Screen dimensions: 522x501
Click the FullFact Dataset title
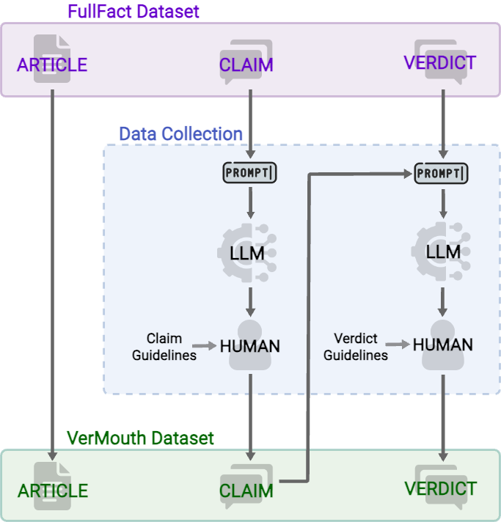134,12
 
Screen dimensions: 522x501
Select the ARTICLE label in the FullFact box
52,65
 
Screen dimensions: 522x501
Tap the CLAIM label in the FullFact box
246,65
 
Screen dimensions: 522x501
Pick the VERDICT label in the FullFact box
440,62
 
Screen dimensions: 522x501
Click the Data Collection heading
180,134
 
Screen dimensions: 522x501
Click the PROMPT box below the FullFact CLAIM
251,173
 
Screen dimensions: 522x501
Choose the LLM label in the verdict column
443,252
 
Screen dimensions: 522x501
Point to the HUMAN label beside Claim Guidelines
250,345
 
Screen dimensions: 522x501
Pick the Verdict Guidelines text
356,347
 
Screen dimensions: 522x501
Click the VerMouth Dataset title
140,438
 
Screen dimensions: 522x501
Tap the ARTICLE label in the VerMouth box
53,490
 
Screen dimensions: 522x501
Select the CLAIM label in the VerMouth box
246,490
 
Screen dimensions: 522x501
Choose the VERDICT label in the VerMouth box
441,488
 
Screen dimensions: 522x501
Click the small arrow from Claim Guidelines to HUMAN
205,344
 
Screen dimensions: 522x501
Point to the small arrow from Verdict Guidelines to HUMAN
398,344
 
